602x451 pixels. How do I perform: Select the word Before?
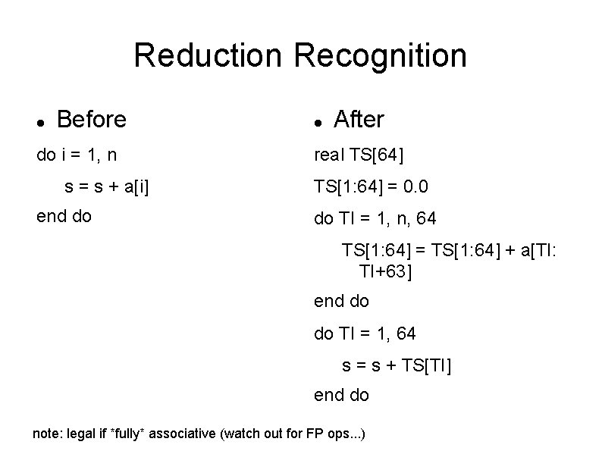point(92,120)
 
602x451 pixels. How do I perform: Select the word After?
point(359,120)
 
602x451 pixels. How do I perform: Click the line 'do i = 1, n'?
point(77,155)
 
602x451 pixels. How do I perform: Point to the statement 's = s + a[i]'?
point(105,186)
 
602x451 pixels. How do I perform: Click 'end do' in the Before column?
point(64,216)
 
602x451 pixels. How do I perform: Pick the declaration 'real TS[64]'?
point(359,155)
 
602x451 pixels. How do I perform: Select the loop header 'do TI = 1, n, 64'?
point(375,220)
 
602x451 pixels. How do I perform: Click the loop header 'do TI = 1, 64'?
point(365,333)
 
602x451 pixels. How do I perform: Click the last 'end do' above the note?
point(341,395)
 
